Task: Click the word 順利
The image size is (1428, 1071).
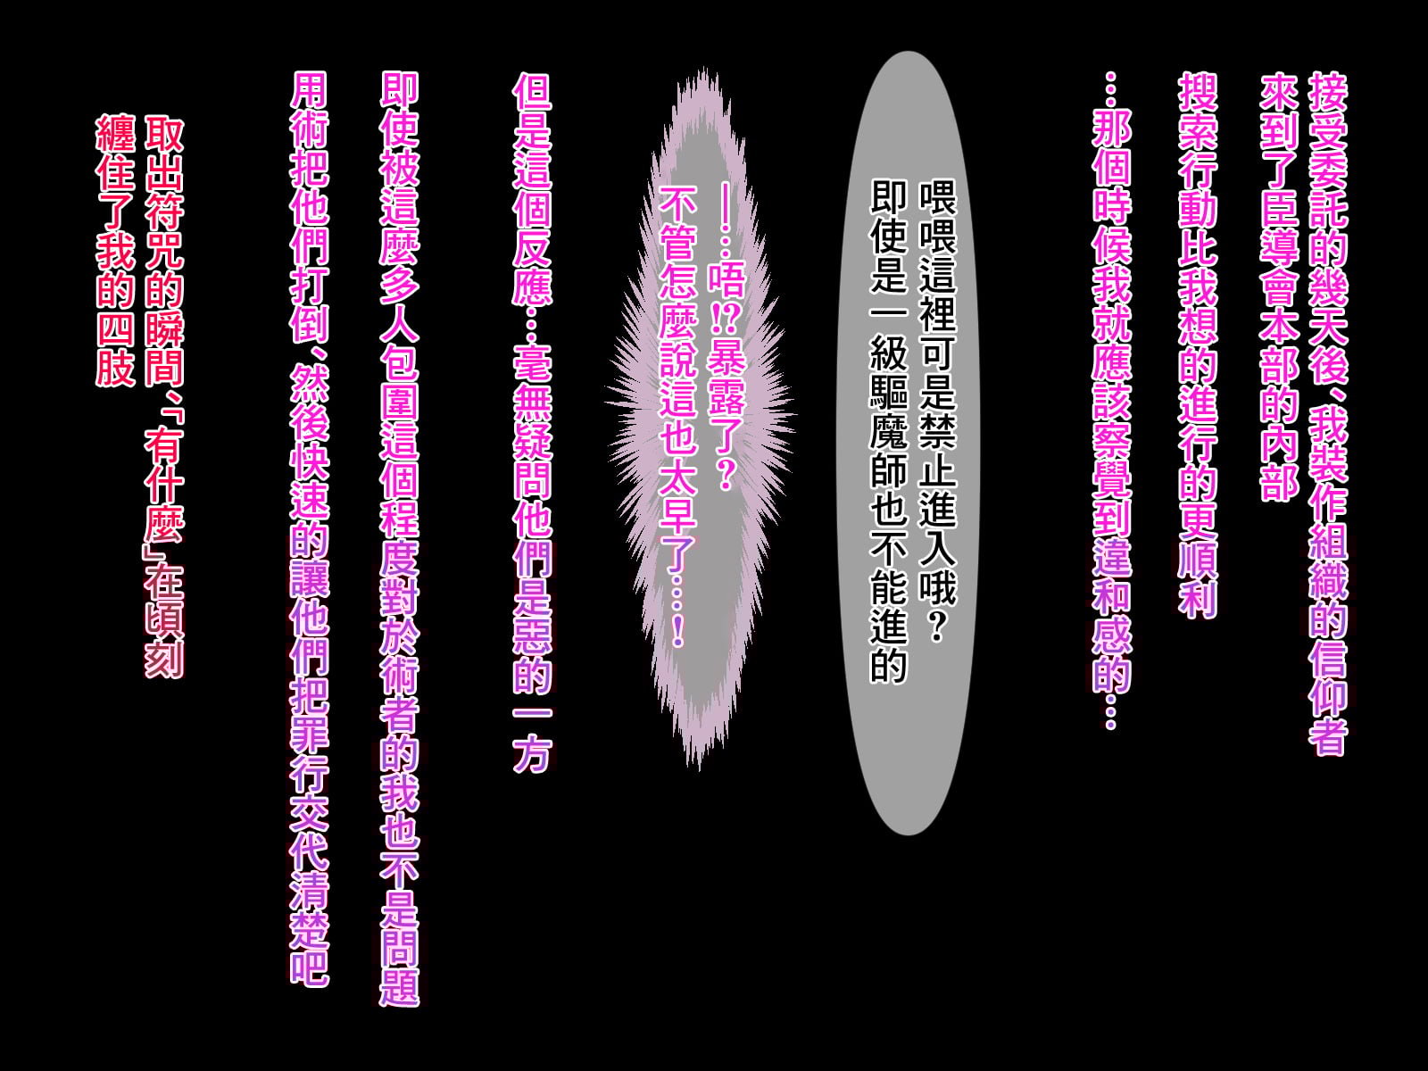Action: pyautogui.click(x=1198, y=576)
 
